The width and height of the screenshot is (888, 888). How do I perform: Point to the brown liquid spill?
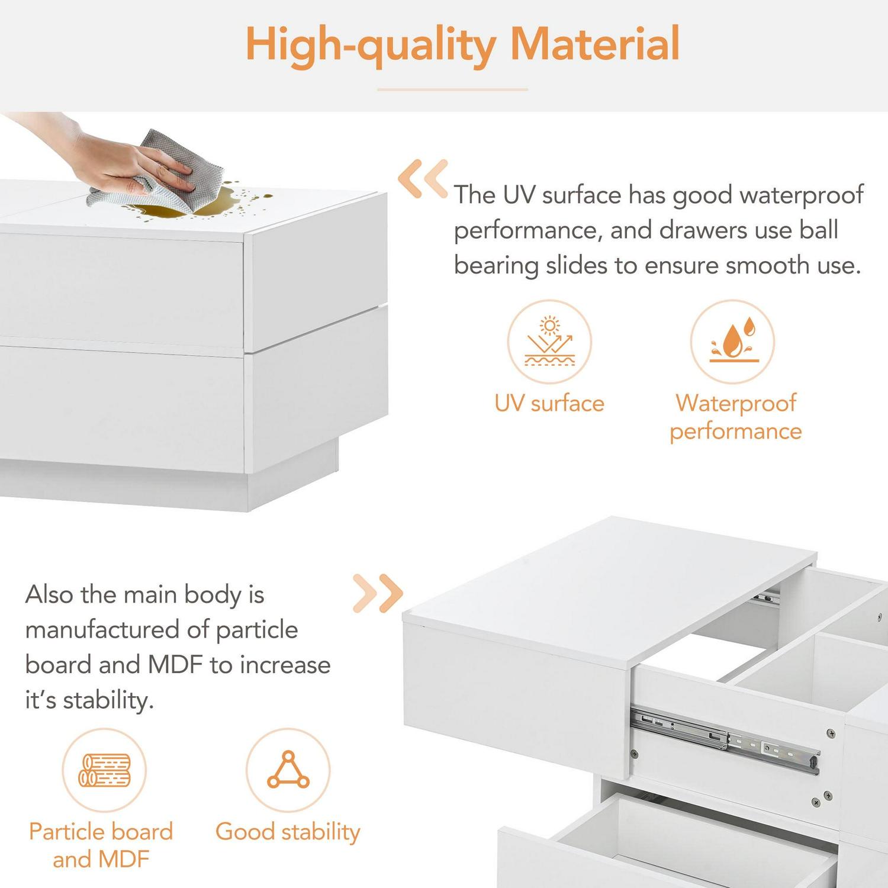(x=195, y=204)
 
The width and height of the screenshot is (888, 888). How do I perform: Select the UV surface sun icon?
(x=549, y=342)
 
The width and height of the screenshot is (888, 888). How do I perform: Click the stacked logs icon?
(x=105, y=770)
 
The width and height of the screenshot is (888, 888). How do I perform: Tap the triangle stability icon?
(x=288, y=770)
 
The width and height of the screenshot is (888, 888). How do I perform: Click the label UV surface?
(x=549, y=404)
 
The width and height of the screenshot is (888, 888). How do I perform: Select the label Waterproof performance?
(x=736, y=417)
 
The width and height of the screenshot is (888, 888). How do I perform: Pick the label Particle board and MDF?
(x=101, y=845)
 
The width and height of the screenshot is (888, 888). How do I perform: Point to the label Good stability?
(x=288, y=832)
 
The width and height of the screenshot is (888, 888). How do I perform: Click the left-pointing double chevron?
(x=423, y=178)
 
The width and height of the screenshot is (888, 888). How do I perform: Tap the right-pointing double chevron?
(x=378, y=593)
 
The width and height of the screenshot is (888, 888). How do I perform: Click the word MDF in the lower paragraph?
(x=175, y=665)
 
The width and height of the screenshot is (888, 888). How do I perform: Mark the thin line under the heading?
(x=452, y=89)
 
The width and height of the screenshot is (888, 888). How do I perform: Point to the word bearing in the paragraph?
(x=496, y=266)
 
